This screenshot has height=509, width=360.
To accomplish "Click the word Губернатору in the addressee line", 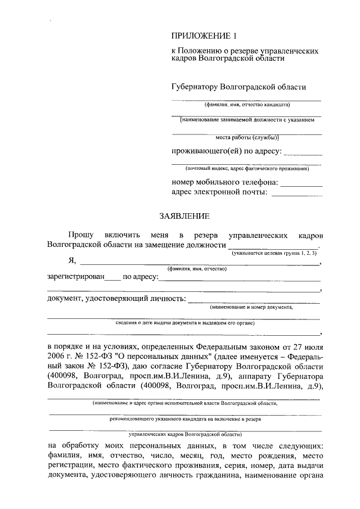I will (195, 87).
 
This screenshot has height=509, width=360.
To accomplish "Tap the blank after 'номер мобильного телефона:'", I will (301, 182).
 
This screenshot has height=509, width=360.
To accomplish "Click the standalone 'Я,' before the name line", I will (71, 260).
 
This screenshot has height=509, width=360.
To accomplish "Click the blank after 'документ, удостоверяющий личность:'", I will (253, 298).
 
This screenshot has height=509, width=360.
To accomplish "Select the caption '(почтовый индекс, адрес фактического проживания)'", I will (247, 169).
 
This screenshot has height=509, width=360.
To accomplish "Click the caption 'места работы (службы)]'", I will (247, 137).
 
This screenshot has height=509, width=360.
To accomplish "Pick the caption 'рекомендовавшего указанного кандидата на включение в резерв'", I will (185, 419).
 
